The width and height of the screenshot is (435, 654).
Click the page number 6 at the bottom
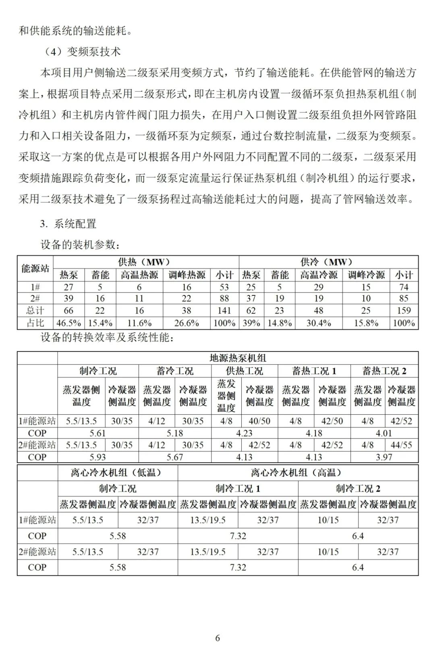click(217, 638)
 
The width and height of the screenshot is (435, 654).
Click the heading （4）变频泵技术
click(82, 52)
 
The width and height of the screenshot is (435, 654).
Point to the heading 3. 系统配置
click(68, 224)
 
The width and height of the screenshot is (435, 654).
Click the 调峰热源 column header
click(186, 275)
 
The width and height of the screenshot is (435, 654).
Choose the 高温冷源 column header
click(319, 275)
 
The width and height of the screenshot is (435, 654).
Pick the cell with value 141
click(224, 311)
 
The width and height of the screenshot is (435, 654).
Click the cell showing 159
click(404, 311)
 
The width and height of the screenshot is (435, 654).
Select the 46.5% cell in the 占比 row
click(69, 323)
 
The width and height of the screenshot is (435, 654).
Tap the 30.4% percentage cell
click(319, 323)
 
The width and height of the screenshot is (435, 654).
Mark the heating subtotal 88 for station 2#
click(224, 299)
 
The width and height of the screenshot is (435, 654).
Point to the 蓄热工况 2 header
click(384, 371)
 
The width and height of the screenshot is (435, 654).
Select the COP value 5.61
click(97, 433)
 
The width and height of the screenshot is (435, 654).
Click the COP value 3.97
click(384, 457)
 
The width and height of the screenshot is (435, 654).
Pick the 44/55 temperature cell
click(401, 445)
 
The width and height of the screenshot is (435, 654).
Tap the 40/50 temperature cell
click(259, 421)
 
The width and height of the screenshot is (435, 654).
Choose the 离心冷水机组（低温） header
click(117, 473)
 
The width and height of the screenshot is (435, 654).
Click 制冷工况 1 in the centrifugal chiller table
click(238, 489)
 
